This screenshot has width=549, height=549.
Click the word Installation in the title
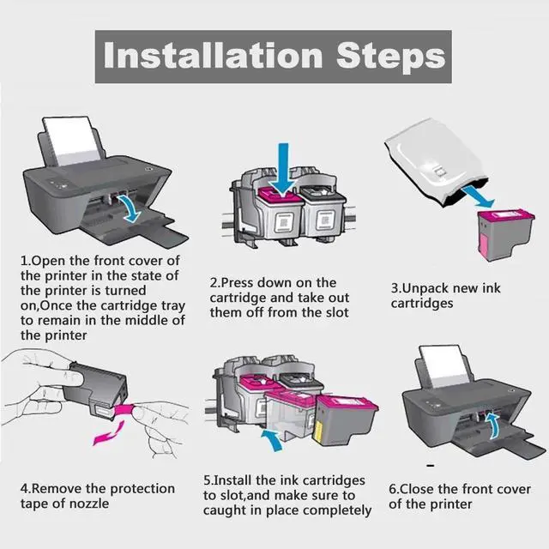213,55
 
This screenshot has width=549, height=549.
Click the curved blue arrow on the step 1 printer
130,208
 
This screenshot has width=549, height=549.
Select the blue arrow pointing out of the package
478,197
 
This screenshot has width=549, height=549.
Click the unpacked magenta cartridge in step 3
505,234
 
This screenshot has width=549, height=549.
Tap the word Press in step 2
237,282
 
